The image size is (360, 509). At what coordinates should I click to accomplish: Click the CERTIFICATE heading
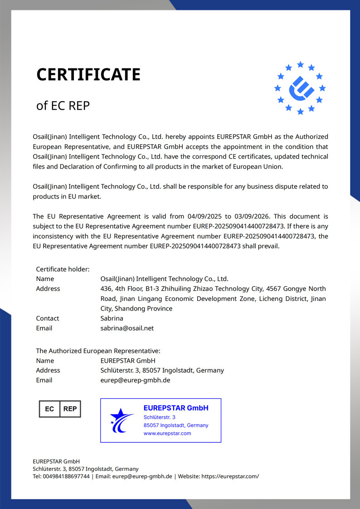coord(88,74)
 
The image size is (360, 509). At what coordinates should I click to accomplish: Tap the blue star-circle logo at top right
coord(300,87)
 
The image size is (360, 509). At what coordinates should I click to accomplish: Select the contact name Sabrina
coord(112,318)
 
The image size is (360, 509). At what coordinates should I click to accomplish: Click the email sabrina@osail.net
coord(127,328)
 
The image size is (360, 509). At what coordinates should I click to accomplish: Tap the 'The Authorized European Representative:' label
coord(98,351)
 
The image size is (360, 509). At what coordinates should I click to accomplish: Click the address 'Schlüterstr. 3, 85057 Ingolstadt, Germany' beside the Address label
coord(162,370)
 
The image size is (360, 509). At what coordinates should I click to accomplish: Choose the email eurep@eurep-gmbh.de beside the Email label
coord(135,380)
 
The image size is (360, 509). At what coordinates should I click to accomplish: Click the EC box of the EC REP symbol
coord(49,409)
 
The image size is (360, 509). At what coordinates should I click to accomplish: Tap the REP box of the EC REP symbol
coord(70,409)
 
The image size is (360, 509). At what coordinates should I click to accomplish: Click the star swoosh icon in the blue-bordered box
coord(122,420)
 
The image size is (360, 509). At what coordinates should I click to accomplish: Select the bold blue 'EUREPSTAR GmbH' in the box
coord(176,408)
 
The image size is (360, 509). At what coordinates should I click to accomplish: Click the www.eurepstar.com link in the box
coord(167,433)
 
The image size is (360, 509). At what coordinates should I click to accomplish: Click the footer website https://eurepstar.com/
coord(230,476)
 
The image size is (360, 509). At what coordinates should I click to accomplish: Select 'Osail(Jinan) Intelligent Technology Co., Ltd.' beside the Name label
coord(164,279)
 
